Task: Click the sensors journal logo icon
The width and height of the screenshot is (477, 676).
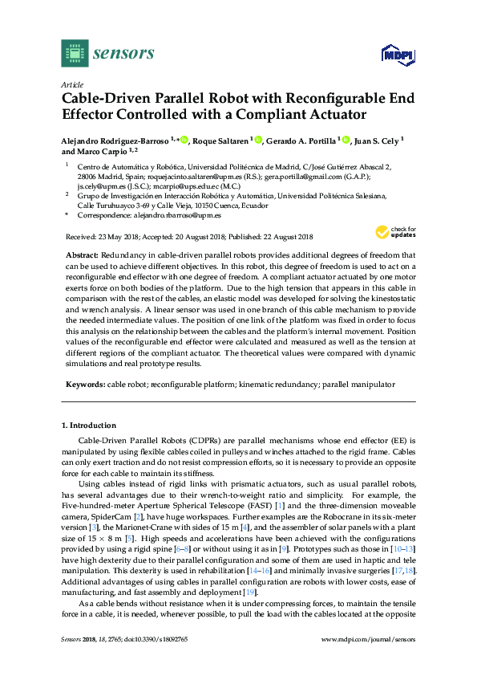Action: point(74,53)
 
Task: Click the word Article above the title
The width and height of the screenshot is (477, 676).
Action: point(71,84)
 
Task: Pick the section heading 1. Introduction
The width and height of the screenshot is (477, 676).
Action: point(89,425)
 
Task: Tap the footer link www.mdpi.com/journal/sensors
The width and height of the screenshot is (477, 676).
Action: point(368,662)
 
